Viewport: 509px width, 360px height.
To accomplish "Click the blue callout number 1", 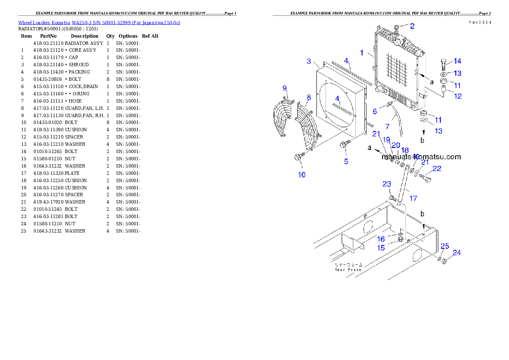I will point(361,53).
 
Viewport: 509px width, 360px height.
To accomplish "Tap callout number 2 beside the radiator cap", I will point(412,26).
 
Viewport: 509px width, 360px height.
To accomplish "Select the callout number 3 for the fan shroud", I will point(309,62).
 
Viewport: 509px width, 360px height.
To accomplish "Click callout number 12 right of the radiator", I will point(458,97).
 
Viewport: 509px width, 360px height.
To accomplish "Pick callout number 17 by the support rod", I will point(413,198).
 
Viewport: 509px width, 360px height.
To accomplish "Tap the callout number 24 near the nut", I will point(457,253).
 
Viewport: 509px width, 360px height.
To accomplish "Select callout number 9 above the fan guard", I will point(284,88).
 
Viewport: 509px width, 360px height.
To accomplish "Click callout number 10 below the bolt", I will point(302,175).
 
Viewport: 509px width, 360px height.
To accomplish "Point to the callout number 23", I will point(387,184).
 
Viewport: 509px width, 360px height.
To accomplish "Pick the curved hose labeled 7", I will point(398,124).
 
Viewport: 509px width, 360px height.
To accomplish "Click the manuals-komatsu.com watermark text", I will point(421,157).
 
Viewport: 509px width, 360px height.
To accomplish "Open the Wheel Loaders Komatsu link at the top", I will point(99,23).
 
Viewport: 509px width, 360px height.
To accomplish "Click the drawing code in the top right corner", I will point(479,22).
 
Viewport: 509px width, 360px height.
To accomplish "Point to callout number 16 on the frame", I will point(381,239).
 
